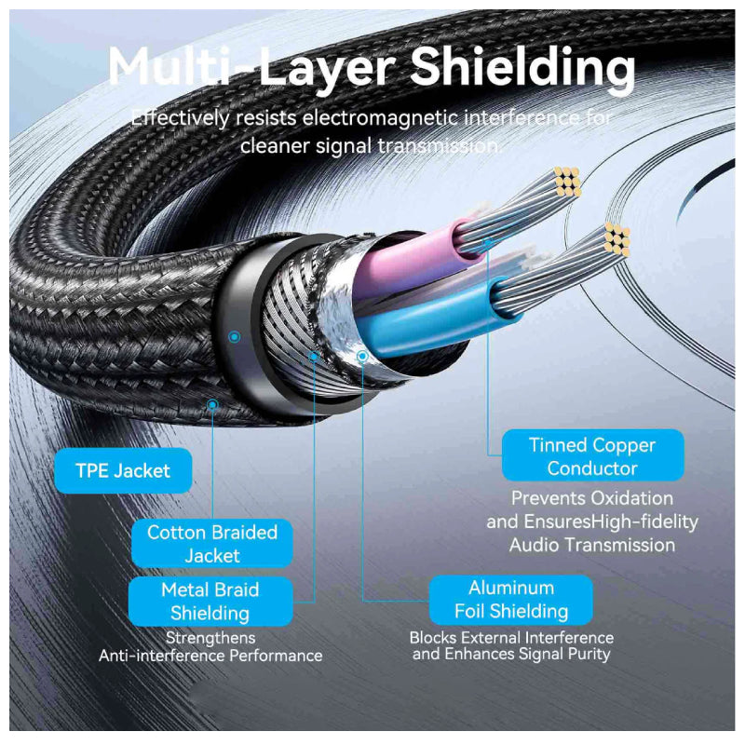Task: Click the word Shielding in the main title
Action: point(522,67)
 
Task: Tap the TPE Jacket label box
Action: point(123,470)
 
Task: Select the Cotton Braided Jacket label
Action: point(212,544)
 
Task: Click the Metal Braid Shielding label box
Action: point(210,602)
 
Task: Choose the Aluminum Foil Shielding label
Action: point(511,600)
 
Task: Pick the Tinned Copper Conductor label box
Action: point(592,456)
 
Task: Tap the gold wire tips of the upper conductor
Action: point(567,182)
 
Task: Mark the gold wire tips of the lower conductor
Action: point(617,239)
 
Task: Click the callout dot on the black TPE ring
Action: point(235,336)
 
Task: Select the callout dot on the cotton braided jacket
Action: point(213,404)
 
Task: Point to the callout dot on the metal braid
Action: point(315,355)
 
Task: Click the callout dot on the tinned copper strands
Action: point(488,245)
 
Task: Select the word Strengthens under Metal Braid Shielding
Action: point(210,638)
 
